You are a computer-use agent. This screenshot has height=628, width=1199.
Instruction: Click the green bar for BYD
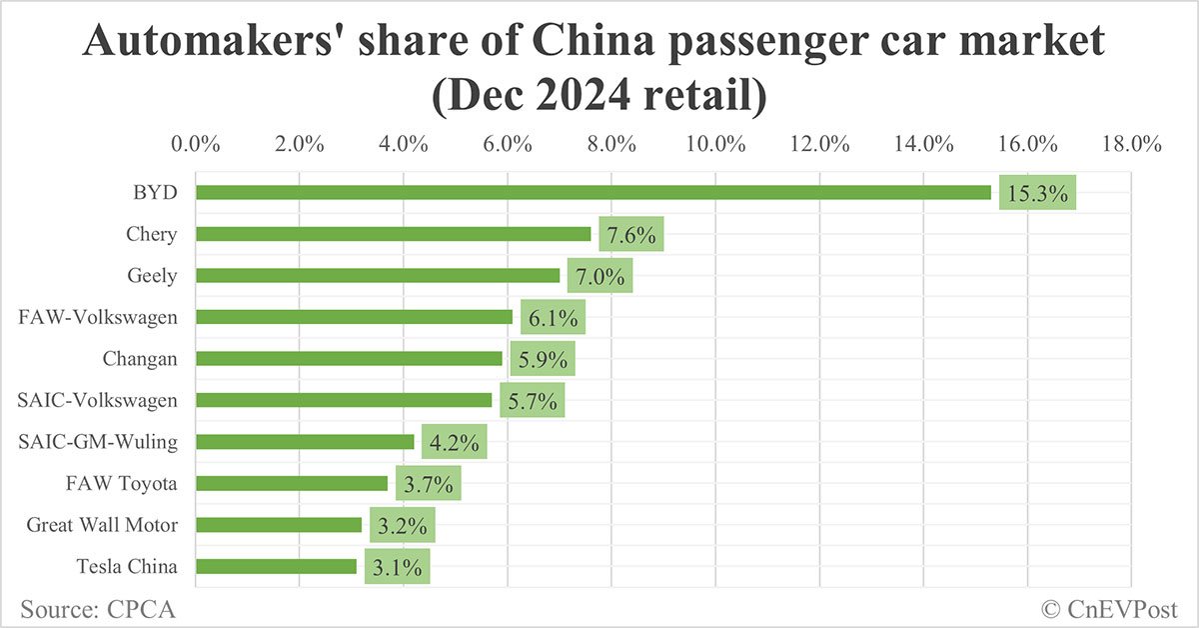click(x=593, y=193)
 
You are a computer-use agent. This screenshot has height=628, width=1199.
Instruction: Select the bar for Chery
click(x=393, y=234)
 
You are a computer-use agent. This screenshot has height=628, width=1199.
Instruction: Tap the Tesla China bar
click(x=276, y=567)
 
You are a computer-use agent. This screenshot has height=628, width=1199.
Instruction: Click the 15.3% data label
click(x=1037, y=194)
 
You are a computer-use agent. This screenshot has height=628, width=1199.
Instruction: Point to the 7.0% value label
click(x=599, y=276)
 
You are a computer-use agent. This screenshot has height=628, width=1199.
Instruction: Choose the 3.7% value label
click(x=428, y=484)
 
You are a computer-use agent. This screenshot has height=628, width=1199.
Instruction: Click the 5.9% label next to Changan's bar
click(x=542, y=359)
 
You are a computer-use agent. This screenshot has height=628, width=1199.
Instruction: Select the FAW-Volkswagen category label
click(x=98, y=317)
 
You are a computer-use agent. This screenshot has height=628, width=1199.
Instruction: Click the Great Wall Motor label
click(x=102, y=525)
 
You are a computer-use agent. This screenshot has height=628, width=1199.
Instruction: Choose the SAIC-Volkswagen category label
click(x=98, y=400)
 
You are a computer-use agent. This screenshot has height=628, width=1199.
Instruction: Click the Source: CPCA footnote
click(x=90, y=607)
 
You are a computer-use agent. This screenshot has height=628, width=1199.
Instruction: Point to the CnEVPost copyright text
click(x=1109, y=607)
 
